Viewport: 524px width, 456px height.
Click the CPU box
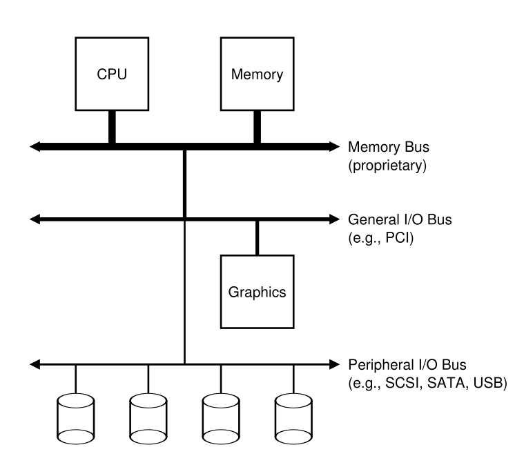coord(111,75)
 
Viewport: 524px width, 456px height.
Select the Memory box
coord(257,75)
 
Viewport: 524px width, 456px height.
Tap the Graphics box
coord(257,291)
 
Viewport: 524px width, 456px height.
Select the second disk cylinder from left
coord(148,419)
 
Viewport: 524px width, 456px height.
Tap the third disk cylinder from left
coord(221,419)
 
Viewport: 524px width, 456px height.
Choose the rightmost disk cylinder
coord(293,419)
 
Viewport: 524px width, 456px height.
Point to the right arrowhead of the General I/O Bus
coord(335,219)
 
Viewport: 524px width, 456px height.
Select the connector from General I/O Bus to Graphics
coord(257,237)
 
